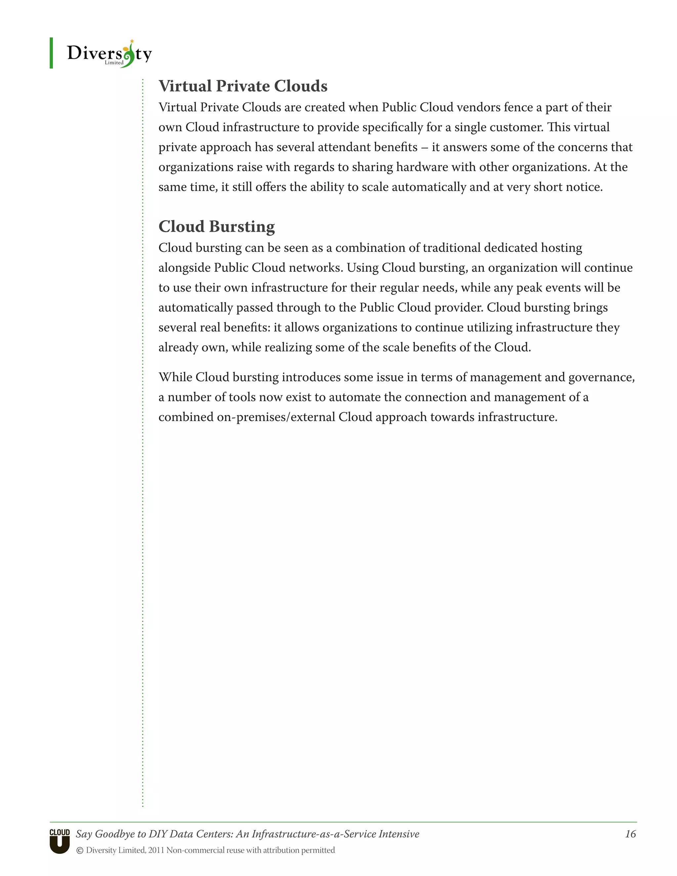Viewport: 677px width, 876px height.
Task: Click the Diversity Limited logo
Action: coord(109,53)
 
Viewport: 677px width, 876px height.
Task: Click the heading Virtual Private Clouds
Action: coord(243,86)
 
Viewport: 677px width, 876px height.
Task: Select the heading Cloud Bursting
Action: coord(217,227)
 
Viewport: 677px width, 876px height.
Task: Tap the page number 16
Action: coord(630,834)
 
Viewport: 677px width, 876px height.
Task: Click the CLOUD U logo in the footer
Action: coord(60,841)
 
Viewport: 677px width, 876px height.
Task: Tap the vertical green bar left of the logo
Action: coord(51,53)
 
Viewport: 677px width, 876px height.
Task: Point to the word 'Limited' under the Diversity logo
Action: coord(114,62)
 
